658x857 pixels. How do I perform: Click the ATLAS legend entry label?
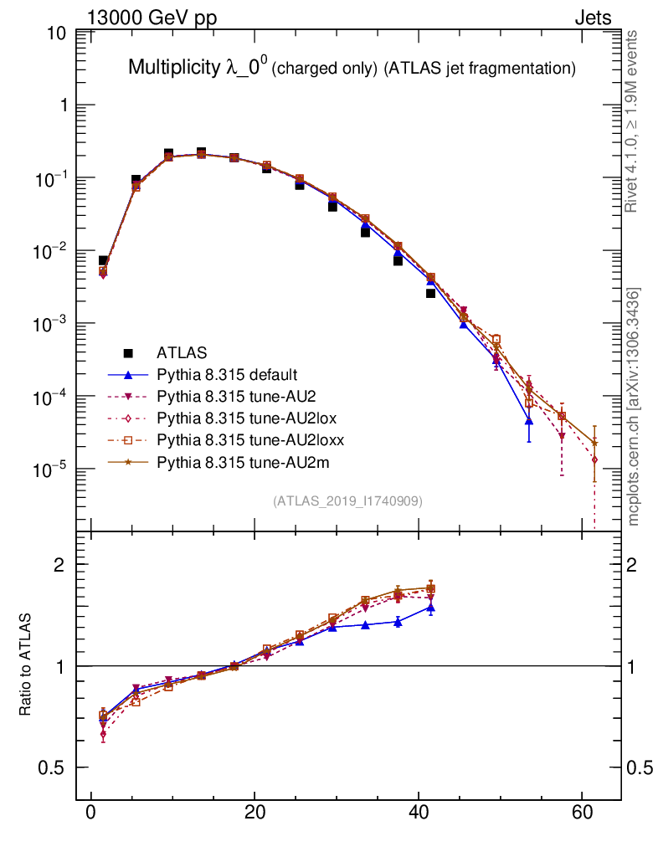click(182, 352)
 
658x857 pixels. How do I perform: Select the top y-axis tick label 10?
click(58, 33)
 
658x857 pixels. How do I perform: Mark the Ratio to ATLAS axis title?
click(27, 665)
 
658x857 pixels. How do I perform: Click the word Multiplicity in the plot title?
click(174, 69)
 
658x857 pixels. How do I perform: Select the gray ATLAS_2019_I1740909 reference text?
click(347, 501)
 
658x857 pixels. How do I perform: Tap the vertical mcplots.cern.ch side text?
click(634, 406)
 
